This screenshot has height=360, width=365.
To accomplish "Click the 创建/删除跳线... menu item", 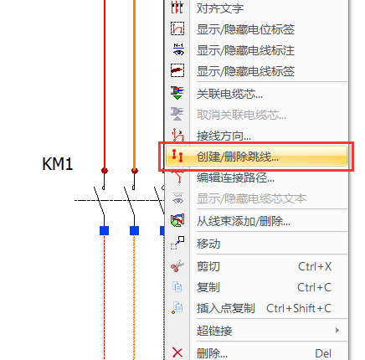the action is [x=238, y=157].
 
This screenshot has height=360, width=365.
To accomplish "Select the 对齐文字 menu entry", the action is [x=220, y=8].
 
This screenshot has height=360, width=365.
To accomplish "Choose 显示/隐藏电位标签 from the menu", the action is [x=245, y=29].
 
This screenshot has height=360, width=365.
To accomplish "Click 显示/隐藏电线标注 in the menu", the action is [x=245, y=50].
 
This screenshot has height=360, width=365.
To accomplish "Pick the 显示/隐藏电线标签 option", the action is [x=245, y=71].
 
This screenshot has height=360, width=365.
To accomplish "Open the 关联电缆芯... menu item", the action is [x=229, y=94].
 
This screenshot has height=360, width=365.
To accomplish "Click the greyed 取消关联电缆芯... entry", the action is [x=241, y=115].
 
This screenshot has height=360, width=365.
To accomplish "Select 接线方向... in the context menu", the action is [x=224, y=136].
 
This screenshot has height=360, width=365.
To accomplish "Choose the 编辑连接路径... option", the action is [x=235, y=177].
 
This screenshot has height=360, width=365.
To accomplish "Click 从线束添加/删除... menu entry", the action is [x=244, y=221].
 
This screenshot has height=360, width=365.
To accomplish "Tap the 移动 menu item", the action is [x=208, y=244].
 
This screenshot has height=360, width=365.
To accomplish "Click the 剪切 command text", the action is [x=208, y=266].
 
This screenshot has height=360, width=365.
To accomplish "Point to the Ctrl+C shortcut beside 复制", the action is [x=315, y=287].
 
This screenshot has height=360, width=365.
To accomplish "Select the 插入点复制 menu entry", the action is [x=226, y=308].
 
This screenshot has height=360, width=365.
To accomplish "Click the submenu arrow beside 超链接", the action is [x=337, y=331].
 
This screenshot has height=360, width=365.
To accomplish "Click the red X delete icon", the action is [x=177, y=352].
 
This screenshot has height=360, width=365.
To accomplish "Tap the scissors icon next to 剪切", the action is [x=177, y=265].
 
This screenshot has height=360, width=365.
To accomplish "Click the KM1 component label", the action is [x=58, y=164].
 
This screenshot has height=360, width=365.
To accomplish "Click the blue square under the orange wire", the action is [x=134, y=230].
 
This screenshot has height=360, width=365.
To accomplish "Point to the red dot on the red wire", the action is [x=105, y=171].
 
